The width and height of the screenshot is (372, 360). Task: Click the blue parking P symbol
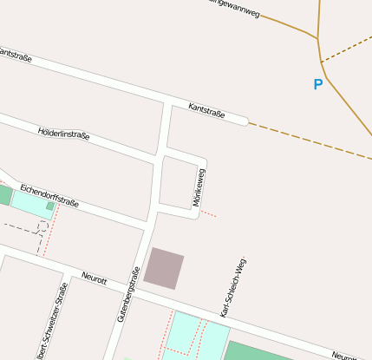[317, 84]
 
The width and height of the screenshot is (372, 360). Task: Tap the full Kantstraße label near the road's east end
[206, 110]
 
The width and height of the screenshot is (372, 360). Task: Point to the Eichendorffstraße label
[49, 196]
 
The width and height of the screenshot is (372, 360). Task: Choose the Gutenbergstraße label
[128, 295]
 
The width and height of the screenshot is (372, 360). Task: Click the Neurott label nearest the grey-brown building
[94, 278]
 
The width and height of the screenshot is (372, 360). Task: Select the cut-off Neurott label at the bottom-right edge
[346, 357]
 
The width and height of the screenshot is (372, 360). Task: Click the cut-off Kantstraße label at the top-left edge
[15, 55]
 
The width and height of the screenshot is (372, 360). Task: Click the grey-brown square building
[164, 268]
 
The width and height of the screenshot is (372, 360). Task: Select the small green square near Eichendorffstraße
[50, 206]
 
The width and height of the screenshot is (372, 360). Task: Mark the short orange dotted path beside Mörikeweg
[209, 213]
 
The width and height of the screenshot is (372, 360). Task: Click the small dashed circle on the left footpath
[42, 226]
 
